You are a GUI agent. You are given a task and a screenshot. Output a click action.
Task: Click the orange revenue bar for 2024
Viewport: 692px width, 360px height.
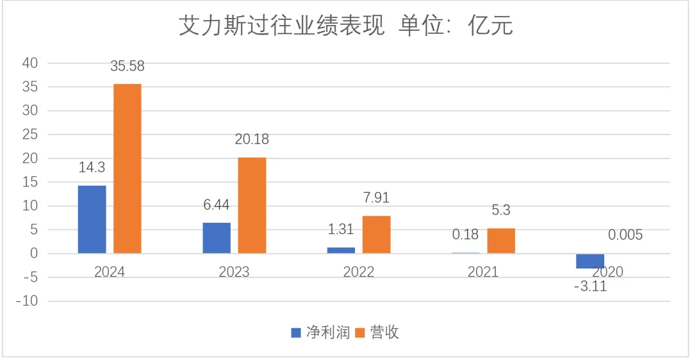pyautogui.click(x=128, y=168)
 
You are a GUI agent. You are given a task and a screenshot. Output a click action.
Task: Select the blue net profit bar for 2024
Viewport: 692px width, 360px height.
pyautogui.click(x=92, y=219)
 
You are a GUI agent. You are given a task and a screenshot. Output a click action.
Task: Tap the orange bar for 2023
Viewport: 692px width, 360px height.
pyautogui.click(x=252, y=205)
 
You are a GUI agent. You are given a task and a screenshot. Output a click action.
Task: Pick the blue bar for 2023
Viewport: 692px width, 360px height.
pyautogui.click(x=217, y=238)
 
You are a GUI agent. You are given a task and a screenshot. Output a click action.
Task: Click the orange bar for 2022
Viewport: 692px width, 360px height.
pyautogui.click(x=376, y=234)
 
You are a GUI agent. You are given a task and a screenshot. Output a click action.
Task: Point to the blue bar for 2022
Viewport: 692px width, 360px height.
pyautogui.click(x=341, y=250)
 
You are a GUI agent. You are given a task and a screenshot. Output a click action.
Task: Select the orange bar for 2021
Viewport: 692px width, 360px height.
pyautogui.click(x=500, y=241)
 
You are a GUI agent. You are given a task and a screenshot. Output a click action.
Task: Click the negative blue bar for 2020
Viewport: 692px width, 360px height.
pyautogui.click(x=589, y=261)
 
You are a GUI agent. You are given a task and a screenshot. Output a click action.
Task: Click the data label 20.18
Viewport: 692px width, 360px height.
pyautogui.click(x=252, y=139)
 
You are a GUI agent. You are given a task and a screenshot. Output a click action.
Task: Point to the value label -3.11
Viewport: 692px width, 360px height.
pyautogui.click(x=589, y=286)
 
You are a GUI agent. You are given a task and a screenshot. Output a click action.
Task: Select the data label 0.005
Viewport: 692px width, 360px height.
pyautogui.click(x=625, y=235)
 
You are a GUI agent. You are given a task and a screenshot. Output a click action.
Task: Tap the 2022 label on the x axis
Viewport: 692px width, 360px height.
pyautogui.click(x=359, y=272)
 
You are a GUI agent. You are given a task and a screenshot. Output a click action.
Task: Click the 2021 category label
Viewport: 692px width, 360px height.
pyautogui.click(x=483, y=272)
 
